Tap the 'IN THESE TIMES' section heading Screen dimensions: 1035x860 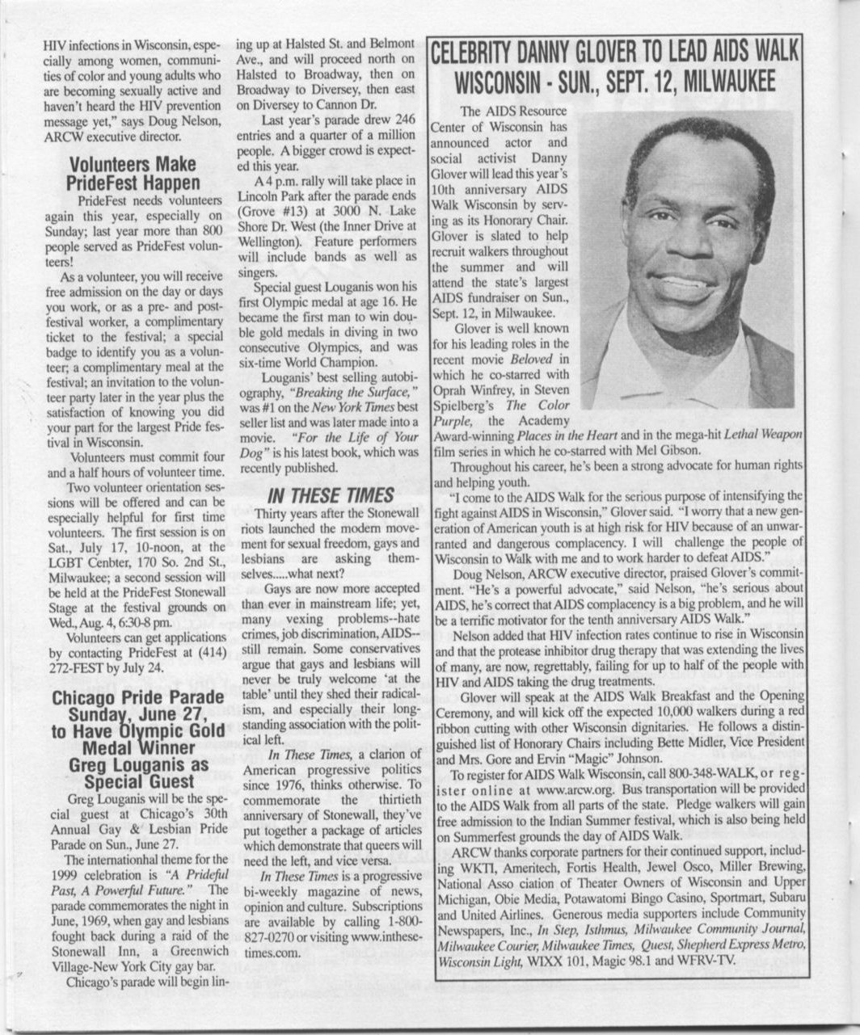tap(331, 494)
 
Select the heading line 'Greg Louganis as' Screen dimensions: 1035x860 tap(133, 764)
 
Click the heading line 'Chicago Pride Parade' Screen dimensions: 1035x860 tap(133, 697)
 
